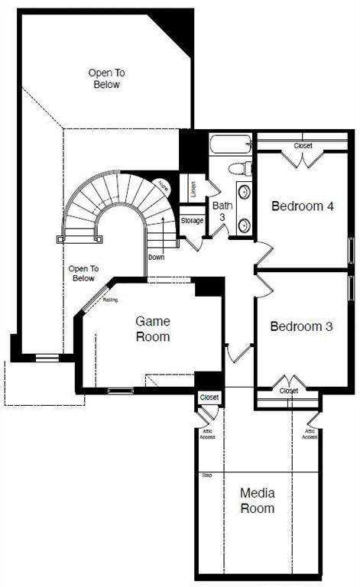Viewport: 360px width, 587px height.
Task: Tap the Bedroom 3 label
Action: [301, 326]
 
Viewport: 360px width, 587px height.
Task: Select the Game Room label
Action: [153, 329]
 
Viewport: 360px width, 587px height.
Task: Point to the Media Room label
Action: [257, 500]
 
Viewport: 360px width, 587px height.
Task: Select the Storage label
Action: [192, 221]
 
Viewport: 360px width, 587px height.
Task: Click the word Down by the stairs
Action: [156, 257]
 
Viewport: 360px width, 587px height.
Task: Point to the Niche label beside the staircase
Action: [164, 186]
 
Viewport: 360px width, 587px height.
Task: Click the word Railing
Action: [110, 300]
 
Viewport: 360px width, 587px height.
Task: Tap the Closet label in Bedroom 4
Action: [303, 145]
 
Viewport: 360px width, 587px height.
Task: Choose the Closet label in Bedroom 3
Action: [289, 391]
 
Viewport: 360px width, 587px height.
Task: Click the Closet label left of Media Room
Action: [209, 398]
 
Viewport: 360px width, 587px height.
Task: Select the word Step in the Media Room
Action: [206, 475]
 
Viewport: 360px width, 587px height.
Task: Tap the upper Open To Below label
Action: [107, 79]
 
